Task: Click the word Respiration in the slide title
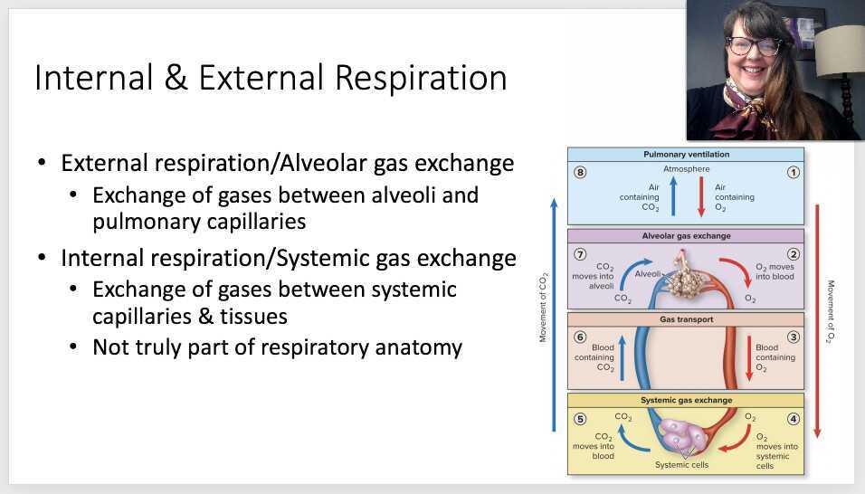point(421,79)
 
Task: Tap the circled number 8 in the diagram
point(580,172)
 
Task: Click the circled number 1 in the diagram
point(793,172)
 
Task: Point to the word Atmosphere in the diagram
point(686,169)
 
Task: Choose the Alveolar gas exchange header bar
point(686,236)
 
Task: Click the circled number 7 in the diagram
point(580,254)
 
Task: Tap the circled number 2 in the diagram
point(793,254)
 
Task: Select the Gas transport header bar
point(686,319)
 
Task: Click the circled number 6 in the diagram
point(580,337)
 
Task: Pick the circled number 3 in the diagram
point(793,337)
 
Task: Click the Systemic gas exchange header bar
point(686,400)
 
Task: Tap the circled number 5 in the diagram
point(580,419)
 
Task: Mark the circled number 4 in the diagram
point(793,419)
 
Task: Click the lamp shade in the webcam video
point(841,54)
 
